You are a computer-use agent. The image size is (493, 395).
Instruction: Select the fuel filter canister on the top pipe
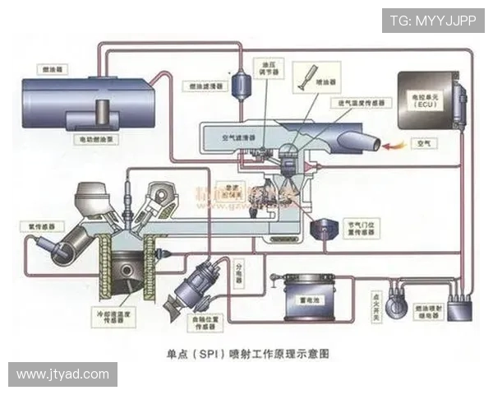pyautogui.click(x=242, y=82)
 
